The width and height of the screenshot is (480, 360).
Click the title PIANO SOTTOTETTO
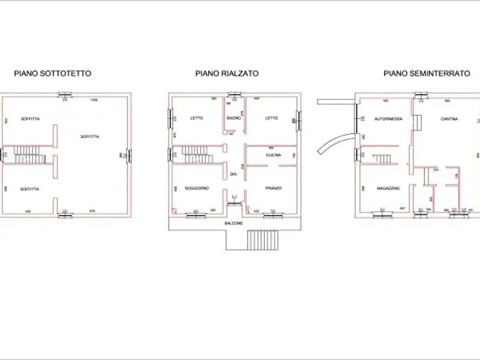click(53, 73)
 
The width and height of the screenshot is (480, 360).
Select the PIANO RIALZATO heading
click(226, 73)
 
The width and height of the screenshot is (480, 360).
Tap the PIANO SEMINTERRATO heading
click(427, 73)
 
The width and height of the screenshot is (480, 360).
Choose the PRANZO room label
click(273, 188)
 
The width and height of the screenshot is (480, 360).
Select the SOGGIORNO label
click(196, 188)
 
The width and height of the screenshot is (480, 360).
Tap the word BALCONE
click(234, 224)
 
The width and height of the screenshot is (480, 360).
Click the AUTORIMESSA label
click(388, 119)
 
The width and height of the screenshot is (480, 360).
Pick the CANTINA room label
click(450, 119)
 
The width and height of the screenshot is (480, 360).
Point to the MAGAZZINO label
click(388, 188)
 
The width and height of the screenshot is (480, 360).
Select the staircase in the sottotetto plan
click(29, 154)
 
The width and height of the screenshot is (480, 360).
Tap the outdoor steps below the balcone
click(262, 241)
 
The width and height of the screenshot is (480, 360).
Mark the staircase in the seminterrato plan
click(381, 159)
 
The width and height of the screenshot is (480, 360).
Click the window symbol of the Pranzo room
click(273, 212)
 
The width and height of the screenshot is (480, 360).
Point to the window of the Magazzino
click(379, 213)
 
